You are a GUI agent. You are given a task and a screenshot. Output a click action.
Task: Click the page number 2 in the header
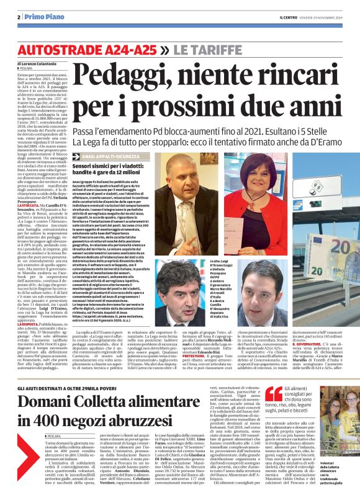(19, 16)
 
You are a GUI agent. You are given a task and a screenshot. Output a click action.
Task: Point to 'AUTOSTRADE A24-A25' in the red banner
(87, 49)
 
